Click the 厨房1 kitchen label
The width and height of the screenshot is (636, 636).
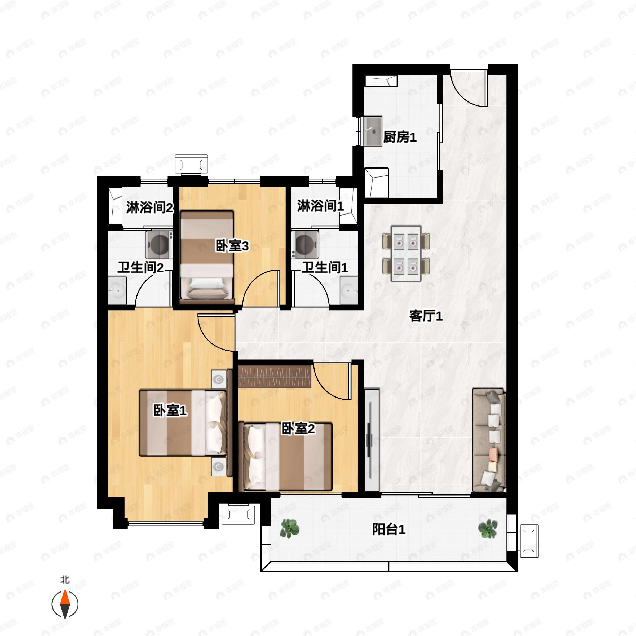400,137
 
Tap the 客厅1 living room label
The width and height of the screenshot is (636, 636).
426,316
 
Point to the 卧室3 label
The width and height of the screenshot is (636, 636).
232,246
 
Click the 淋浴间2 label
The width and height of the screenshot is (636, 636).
150,207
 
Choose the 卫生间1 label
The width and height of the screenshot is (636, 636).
325,267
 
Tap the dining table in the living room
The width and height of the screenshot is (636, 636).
406,254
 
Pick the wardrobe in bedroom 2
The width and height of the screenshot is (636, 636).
275,377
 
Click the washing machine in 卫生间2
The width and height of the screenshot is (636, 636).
159,245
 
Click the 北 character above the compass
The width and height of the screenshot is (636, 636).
65,580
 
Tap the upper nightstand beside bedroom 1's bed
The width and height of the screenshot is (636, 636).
219,379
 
